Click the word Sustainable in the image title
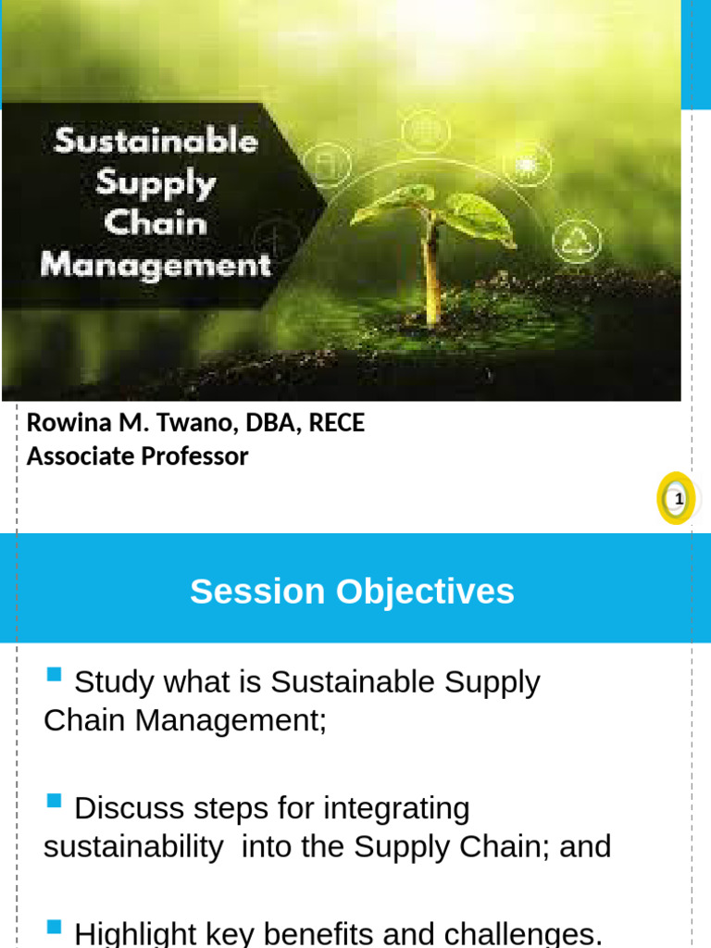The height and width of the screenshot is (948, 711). coord(156,142)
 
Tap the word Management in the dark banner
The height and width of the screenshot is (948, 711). coord(156,265)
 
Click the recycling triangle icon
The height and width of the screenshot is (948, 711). coord(576,240)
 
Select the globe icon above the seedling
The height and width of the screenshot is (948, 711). coord(425,129)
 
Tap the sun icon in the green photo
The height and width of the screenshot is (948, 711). coord(527,165)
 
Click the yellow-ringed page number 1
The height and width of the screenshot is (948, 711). coord(678,499)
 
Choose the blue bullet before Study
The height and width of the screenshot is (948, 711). coord(54,673)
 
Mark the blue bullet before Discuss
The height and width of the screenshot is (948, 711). coord(54,800)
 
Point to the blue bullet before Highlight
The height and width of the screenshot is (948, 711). coord(54,926)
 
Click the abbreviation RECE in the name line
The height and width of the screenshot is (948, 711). coord(336,423)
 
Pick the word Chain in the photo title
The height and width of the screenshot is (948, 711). coord(156,223)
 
